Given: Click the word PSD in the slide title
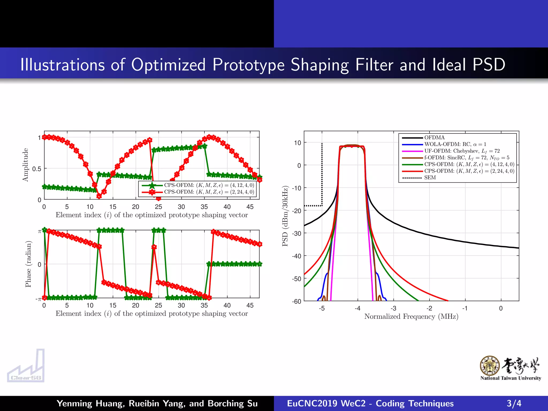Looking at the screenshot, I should pos(489,64).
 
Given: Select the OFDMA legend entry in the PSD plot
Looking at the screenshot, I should pos(434,138).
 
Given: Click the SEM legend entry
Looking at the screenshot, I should pos(430,178).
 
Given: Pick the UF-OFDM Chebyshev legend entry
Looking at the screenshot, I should pos(462,151).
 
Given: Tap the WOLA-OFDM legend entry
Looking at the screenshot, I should pos(455,144).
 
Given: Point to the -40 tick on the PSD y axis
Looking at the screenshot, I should pos(296,256).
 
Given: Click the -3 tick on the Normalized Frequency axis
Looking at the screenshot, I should pos(393,308).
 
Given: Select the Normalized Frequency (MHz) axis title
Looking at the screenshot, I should pos(411,317).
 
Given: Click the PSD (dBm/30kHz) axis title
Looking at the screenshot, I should pos(285,216).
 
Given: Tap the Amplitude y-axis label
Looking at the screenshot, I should pos(25,165).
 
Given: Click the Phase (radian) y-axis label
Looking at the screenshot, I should pos(28,264).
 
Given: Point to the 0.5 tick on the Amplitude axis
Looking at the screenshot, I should pos(37,169).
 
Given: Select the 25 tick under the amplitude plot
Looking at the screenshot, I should pos(158,207).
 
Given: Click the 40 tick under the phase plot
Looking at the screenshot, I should pos(227,305).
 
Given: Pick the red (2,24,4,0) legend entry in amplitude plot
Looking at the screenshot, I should pos(209,192).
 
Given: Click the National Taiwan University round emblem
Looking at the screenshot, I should pos(489,366).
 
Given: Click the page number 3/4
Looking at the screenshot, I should pos(514,403).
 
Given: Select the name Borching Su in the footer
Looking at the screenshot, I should pos(233,403).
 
